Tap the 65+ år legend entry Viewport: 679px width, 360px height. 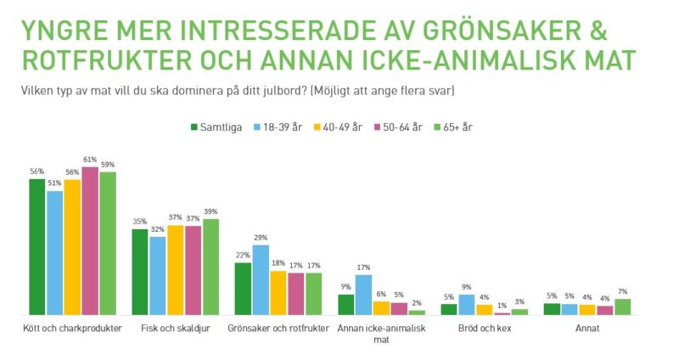coord(456,127)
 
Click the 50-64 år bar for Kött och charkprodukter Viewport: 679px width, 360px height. coord(90,241)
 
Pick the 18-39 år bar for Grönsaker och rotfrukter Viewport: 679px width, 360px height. coord(261,280)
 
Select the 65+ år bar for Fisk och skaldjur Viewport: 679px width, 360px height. coord(210,267)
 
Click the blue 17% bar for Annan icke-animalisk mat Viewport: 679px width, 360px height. coord(364,295)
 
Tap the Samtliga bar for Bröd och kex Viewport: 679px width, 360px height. coord(449,309)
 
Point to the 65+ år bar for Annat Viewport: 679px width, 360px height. coord(623,307)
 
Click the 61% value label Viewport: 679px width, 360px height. coord(90,160)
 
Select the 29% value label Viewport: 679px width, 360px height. coord(261,238)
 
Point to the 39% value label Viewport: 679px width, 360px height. coord(210,211)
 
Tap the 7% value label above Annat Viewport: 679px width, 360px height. coord(623,291)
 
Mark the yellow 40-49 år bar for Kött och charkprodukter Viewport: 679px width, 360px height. coord(73,247)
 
